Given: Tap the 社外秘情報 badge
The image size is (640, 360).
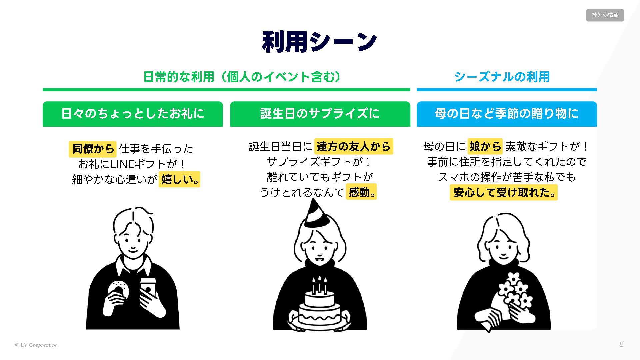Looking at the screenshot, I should (605, 15).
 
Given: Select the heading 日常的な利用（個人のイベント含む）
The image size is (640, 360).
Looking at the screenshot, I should (242, 77).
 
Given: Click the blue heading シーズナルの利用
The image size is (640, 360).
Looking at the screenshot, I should (502, 77).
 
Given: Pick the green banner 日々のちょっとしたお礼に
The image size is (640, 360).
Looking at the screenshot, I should (133, 114).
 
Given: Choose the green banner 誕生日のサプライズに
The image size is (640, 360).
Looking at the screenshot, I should (320, 114).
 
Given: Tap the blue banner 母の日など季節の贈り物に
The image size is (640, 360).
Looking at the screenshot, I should (507, 114).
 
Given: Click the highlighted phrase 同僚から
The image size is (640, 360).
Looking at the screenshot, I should (93, 149).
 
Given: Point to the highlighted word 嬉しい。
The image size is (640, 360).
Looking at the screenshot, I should (179, 179).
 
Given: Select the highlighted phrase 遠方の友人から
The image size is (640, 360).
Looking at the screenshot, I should (353, 146).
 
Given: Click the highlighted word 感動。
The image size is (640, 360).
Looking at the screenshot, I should (361, 192).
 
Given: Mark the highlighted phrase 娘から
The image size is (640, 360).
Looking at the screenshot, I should (485, 146).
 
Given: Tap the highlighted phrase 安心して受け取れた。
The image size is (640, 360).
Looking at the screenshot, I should (503, 192).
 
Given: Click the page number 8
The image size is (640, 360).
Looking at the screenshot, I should (621, 344).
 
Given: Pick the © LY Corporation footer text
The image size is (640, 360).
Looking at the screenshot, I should (36, 345).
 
